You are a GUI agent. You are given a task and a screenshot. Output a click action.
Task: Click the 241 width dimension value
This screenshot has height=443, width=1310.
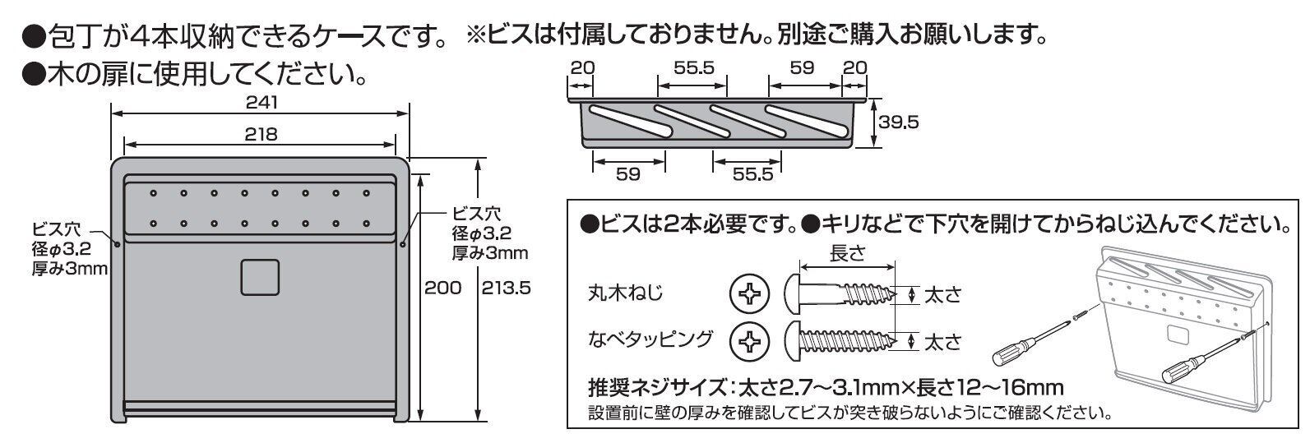pos(262,102)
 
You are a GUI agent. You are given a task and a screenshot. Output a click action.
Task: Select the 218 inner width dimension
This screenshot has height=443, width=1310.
pos(261,135)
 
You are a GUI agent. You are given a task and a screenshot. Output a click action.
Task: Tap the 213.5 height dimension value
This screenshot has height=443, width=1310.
pos(506,288)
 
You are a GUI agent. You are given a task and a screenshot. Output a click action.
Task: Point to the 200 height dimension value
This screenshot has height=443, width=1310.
pos(442,288)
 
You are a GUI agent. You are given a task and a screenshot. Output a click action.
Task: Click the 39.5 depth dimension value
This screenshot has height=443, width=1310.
pos(898,122)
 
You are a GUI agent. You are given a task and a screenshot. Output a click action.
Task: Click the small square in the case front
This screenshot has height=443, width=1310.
pos(260,277)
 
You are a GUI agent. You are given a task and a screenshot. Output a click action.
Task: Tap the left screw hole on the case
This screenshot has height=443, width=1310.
pos(117,244)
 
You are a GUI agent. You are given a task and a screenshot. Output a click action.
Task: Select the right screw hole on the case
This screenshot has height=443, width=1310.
pos(403,244)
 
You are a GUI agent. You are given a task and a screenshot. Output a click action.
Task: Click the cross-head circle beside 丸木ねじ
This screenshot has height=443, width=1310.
pos(749,293)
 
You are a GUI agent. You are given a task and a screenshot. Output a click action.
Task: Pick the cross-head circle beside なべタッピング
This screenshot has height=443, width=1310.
pos(749,341)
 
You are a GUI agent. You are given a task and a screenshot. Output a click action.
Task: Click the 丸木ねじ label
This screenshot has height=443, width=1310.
pos(625,293)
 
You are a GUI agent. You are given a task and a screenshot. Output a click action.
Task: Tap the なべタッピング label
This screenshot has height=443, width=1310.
pos(650,339)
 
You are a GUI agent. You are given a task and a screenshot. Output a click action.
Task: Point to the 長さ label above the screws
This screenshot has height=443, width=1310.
pos(847,254)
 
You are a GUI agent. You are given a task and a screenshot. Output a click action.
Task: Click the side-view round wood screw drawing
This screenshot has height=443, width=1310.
pos(840,294)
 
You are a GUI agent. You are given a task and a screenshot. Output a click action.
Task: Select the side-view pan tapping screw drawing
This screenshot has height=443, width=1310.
pos(840,341)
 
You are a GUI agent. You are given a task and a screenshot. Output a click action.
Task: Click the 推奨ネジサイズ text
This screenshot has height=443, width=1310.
pos(657,387)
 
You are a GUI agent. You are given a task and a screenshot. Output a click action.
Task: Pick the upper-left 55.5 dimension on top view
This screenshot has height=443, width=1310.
pos(693,67)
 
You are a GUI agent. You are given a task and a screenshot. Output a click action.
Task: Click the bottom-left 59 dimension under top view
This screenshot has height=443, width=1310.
pos(628,174)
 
